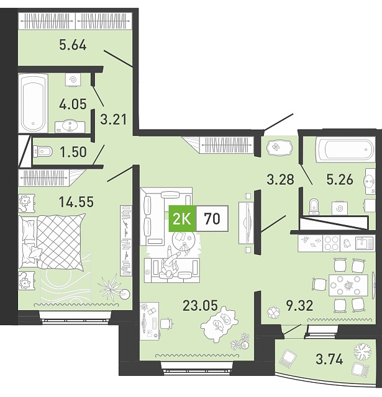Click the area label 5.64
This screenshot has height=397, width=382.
coord(73,45)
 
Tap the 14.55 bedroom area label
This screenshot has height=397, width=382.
coord(76,202)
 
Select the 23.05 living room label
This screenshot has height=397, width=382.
coord(200,305)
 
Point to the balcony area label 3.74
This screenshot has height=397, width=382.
coord(330,359)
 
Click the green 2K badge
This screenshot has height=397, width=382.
coord(182,219)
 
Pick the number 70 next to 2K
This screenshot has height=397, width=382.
coord(212,219)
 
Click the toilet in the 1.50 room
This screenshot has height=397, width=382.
coord(43,151)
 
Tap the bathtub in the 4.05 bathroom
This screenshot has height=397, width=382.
coord(33,103)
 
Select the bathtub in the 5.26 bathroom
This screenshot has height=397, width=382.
coord(345,149)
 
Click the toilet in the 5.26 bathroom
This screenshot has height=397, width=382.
coord(314,207)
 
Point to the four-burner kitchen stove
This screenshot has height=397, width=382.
coord(331,243)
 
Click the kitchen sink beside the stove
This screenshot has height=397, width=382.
coord(365,243)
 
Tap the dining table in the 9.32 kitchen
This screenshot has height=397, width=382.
coord(348,285)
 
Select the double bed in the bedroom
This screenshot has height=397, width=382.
coord(52,241)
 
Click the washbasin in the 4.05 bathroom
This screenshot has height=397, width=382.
coord(70,127)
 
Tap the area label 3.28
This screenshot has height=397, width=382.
coord(281,179)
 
